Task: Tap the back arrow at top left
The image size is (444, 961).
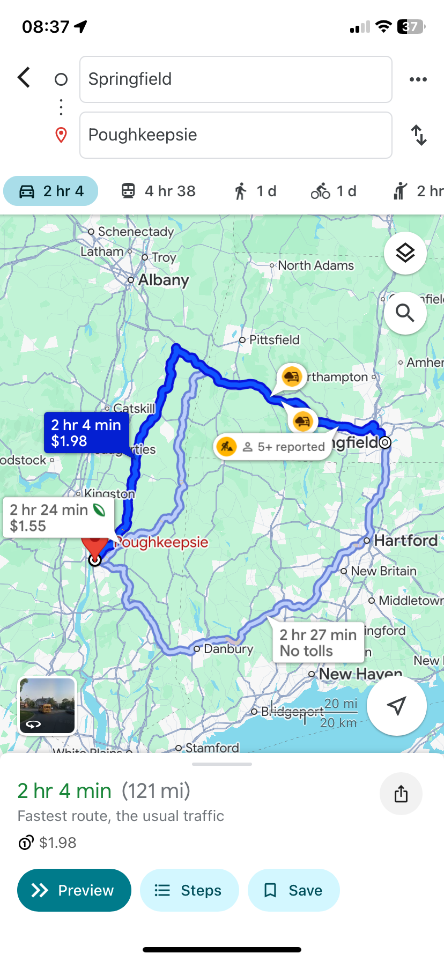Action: click(x=24, y=78)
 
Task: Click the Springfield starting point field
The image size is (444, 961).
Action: click(x=235, y=79)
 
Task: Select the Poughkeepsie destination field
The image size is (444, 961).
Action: click(x=235, y=135)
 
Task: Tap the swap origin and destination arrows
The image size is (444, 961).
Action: click(x=419, y=135)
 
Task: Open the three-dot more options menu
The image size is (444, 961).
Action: click(x=418, y=79)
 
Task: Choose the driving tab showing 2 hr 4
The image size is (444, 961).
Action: click(x=51, y=191)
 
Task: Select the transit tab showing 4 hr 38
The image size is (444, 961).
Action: click(x=158, y=191)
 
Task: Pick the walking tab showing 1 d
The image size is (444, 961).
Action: click(x=255, y=191)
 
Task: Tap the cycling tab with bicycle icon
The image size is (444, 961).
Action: click(x=334, y=191)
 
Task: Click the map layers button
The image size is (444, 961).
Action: click(x=405, y=253)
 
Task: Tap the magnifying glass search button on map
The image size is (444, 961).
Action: click(x=405, y=313)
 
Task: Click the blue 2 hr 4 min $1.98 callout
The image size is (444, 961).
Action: click(x=86, y=433)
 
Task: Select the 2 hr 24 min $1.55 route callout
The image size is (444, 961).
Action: click(x=58, y=518)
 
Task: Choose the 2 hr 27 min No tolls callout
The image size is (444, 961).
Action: click(x=318, y=642)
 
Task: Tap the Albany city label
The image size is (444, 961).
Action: click(x=164, y=280)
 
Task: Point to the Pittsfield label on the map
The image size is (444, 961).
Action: click(x=274, y=340)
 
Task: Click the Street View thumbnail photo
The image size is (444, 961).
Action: click(x=47, y=705)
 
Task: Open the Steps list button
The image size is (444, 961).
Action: click(x=189, y=890)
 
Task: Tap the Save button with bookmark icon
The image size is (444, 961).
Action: click(x=293, y=890)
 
